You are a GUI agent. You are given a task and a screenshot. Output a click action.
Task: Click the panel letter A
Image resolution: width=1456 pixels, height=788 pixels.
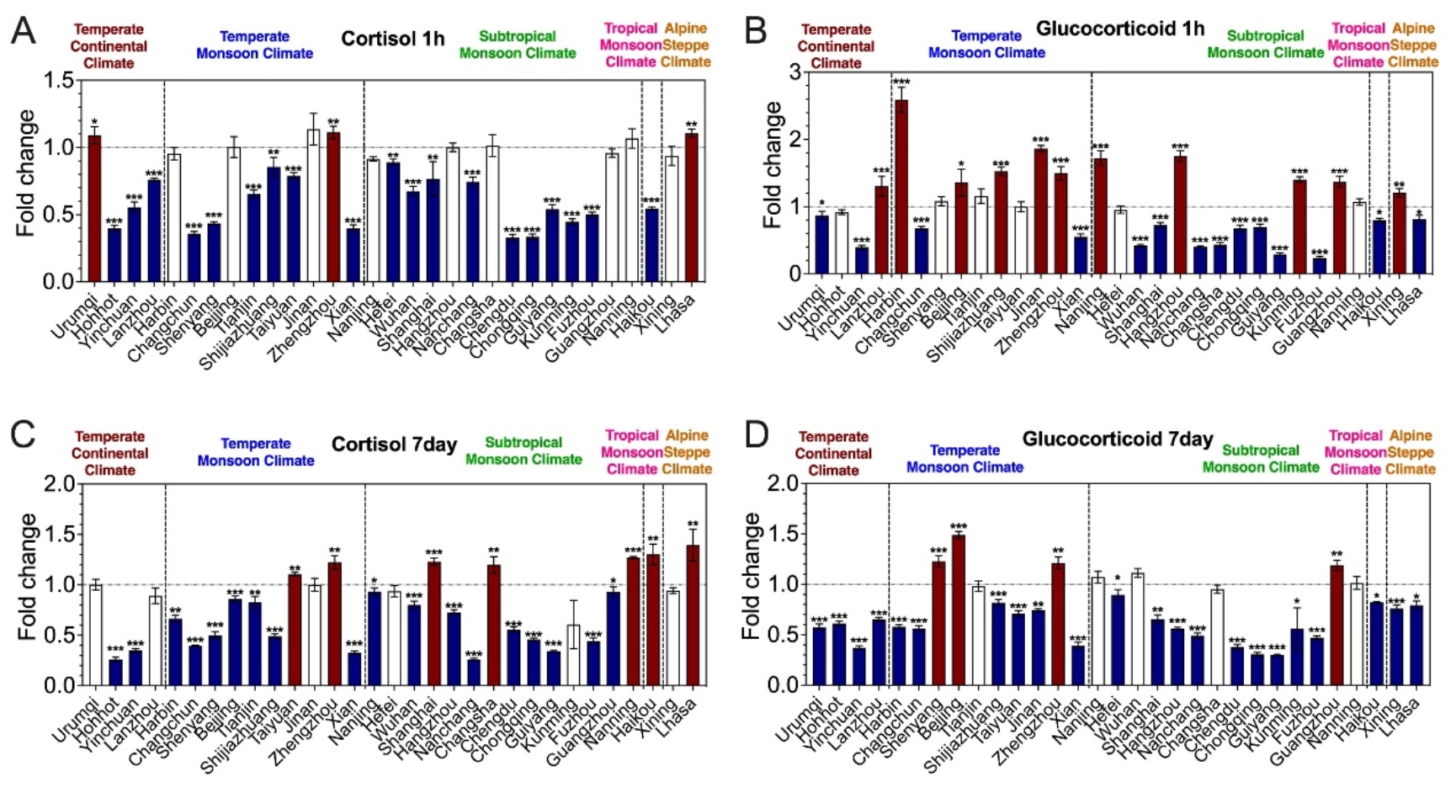click(23, 31)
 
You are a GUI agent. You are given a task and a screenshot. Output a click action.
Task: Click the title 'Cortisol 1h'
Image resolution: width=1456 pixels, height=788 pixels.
click(392, 39)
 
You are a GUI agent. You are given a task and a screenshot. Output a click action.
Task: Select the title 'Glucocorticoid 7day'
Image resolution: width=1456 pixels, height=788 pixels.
click(1117, 439)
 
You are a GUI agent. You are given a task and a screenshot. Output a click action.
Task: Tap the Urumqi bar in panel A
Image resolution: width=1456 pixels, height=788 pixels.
click(94, 208)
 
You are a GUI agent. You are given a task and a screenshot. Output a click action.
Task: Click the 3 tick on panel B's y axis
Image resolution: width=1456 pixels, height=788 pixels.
click(794, 72)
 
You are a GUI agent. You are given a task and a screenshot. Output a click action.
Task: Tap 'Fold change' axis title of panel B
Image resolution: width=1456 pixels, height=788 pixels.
click(772, 165)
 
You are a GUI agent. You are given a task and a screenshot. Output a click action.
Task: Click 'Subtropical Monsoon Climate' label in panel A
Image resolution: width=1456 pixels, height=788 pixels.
click(517, 45)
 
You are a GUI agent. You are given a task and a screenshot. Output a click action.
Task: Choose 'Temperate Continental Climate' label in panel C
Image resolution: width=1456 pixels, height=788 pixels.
click(109, 453)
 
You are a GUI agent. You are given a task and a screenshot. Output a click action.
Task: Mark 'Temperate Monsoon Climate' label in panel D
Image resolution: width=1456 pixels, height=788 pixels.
click(964, 459)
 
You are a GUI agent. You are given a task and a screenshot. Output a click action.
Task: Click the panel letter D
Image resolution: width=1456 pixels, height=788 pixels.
click(757, 435)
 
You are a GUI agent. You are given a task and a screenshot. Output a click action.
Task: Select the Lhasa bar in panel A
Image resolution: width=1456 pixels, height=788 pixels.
click(691, 207)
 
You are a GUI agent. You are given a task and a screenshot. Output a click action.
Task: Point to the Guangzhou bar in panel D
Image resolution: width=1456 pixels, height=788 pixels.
click(1336, 625)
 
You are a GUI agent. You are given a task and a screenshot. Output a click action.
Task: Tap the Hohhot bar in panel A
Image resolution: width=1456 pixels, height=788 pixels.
click(114, 254)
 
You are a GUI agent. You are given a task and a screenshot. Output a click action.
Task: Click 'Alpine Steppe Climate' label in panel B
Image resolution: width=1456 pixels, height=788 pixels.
click(1413, 45)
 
